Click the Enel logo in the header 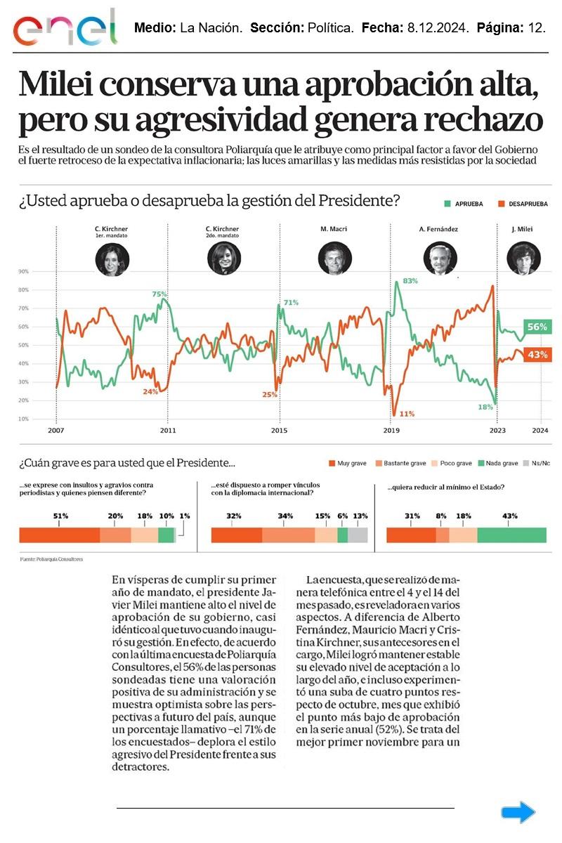coord(65,28)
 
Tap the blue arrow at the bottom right coord(518,813)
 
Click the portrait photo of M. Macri coord(334,259)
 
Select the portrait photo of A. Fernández coord(436,259)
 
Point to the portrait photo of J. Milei coord(520,259)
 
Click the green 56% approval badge coord(537,327)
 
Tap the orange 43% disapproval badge coord(537,355)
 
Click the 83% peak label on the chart coord(410,281)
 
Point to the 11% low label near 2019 coord(406,413)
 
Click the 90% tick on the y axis coord(23,271)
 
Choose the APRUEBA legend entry coord(464,204)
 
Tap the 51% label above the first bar coord(60,516)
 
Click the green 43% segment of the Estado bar coord(511,535)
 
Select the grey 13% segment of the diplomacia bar coord(358,535)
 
